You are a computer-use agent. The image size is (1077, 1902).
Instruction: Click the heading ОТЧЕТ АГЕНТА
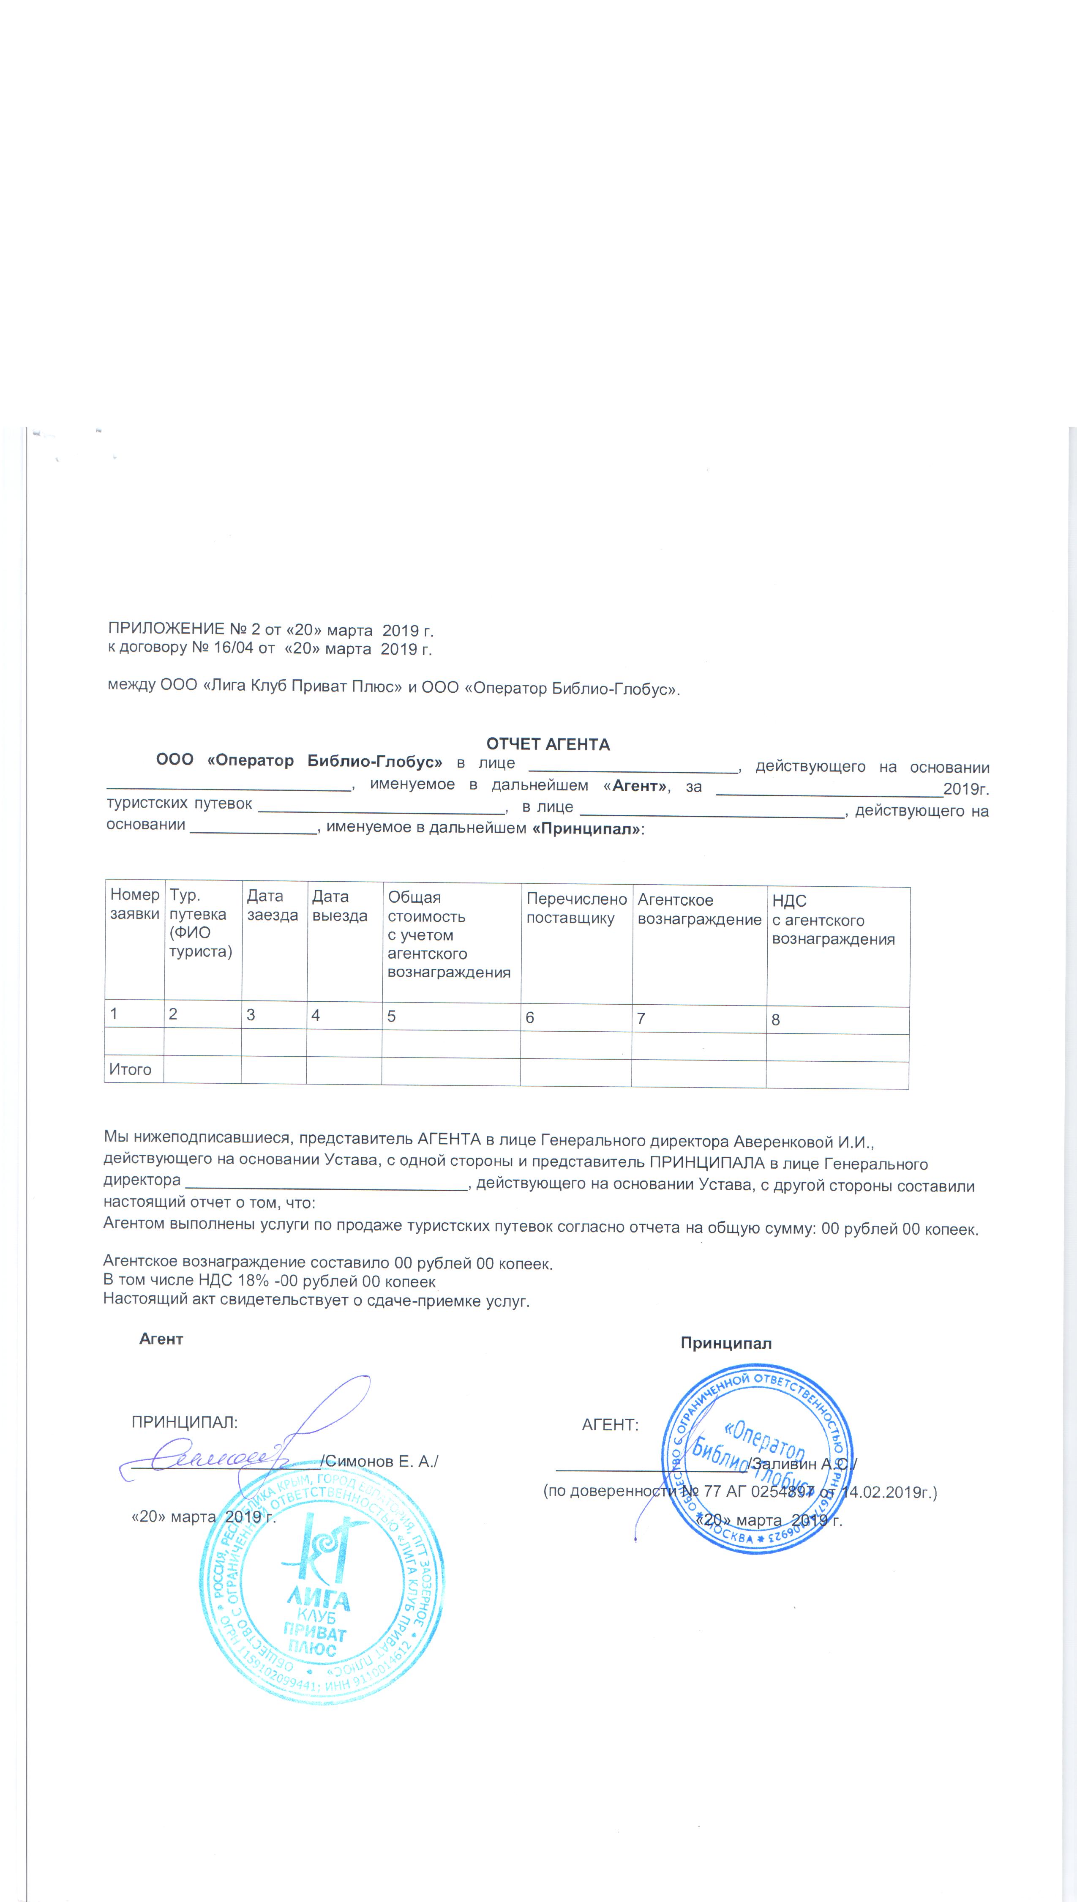point(548,744)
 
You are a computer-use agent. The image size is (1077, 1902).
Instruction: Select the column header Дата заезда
point(272,905)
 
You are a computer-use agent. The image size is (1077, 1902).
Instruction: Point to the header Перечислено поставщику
point(576,909)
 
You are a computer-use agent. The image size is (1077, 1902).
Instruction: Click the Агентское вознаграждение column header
point(699,910)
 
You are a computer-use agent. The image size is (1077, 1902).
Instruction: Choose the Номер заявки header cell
point(135,904)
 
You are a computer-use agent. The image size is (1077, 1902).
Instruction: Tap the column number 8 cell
point(775,1019)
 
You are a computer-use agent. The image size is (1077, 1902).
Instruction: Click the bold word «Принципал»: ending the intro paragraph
point(588,829)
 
